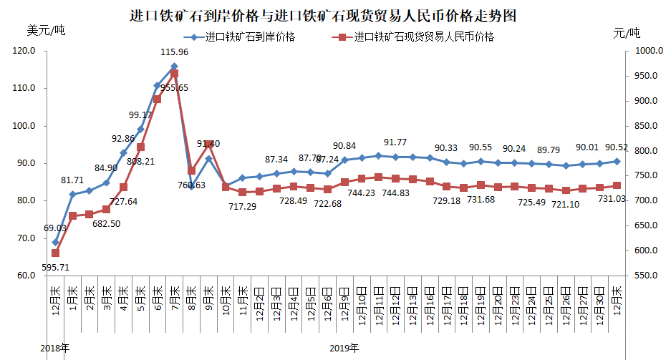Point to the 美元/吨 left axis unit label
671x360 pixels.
[45, 31]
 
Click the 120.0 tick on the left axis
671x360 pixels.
[25, 51]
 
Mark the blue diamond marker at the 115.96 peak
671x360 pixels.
[174, 67]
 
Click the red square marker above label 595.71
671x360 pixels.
[55, 253]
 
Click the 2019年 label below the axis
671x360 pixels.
[344, 349]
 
